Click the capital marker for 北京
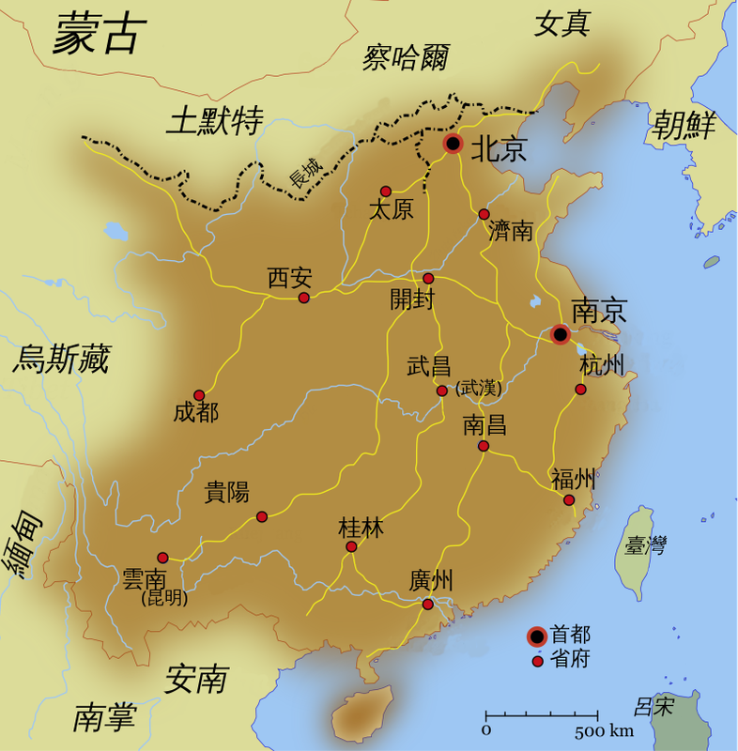click(454, 144)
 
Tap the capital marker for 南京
click(560, 334)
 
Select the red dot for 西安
click(303, 298)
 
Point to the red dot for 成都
click(199, 395)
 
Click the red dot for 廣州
click(428, 605)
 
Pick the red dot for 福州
click(569, 500)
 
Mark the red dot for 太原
click(385, 191)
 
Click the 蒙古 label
click(99, 35)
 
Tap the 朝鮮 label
click(684, 125)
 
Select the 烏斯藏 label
click(61, 359)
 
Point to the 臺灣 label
click(645, 544)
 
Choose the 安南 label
click(196, 678)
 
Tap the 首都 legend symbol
click(537, 636)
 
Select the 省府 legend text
click(571, 660)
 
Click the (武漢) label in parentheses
click(479, 388)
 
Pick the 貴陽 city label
click(227, 492)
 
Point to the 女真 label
click(561, 23)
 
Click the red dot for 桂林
click(351, 546)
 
